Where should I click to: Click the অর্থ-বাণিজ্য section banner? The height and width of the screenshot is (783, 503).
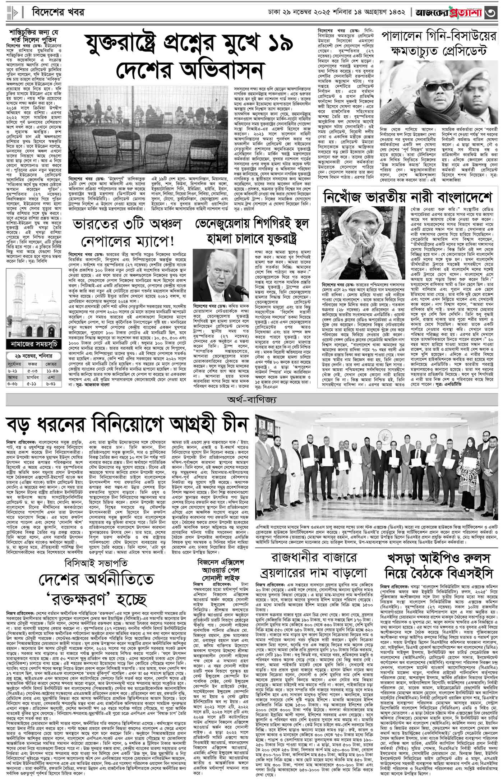[x=251, y=400]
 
